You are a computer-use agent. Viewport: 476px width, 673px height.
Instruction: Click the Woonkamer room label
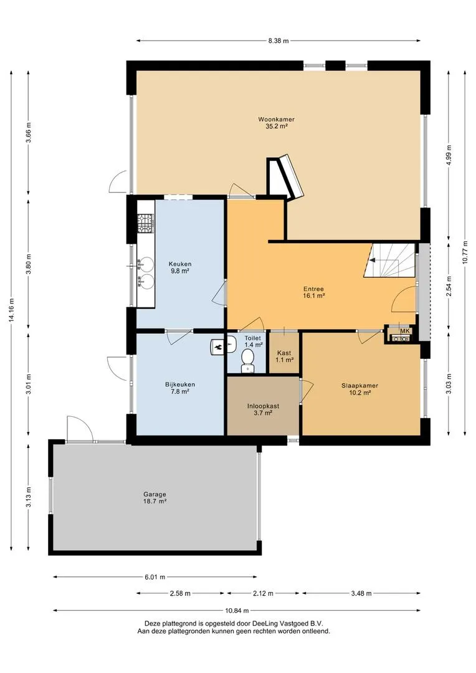(276, 119)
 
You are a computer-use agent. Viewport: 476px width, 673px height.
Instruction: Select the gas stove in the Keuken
(145, 223)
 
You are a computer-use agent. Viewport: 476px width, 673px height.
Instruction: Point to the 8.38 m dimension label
(278, 41)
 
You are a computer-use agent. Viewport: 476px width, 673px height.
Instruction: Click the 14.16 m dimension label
(11, 310)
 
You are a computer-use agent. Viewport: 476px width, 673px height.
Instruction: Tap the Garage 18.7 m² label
(155, 497)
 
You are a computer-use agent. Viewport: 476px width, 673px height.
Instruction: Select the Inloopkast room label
(263, 406)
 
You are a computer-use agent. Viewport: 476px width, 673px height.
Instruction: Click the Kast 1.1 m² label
(284, 356)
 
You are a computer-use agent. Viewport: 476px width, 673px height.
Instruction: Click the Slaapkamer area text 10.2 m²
(359, 393)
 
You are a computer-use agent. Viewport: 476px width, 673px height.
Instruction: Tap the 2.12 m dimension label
(263, 593)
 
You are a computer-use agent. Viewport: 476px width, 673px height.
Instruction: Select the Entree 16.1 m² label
(313, 292)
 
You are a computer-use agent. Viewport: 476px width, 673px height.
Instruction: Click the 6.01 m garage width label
(155, 577)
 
